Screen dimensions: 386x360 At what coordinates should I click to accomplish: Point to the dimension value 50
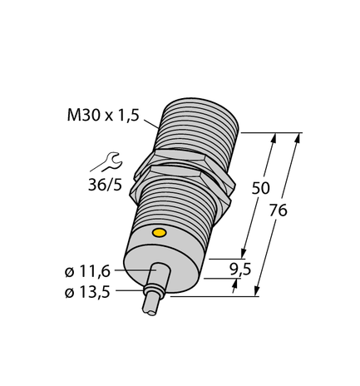(259, 189)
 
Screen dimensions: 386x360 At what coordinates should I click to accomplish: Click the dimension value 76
(279, 210)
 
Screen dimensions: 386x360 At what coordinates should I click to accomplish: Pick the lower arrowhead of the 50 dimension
(244, 253)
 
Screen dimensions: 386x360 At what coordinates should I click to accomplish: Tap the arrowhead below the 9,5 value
(234, 285)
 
